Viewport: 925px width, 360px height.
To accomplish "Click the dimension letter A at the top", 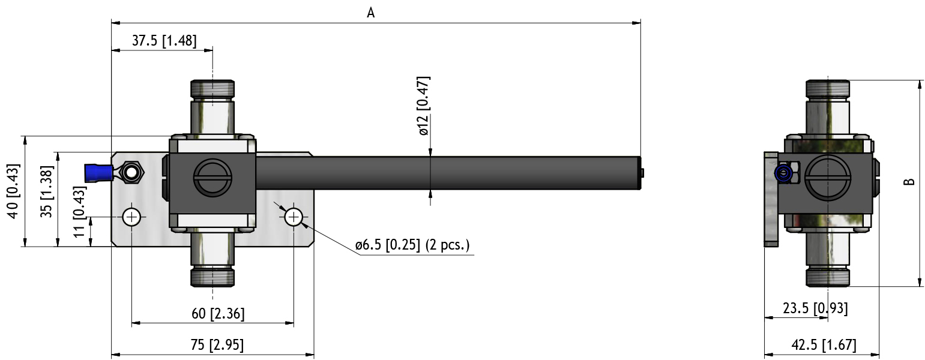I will pyautogui.click(x=371, y=13).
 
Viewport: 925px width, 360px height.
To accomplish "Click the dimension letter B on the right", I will pyautogui.click(x=910, y=181).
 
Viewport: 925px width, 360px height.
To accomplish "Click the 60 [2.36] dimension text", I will pyautogui.click(x=217, y=313).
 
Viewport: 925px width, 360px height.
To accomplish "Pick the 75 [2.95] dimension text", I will pyautogui.click(x=217, y=345).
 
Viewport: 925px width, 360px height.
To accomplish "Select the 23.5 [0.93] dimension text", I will pyautogui.click(x=815, y=308).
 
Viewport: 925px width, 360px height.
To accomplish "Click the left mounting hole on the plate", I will pyautogui.click(x=131, y=217).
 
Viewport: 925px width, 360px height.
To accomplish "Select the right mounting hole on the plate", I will pyautogui.click(x=294, y=217).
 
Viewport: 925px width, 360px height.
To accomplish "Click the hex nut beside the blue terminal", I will pyautogui.click(x=131, y=173).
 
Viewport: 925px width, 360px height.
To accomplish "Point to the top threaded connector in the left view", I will pyautogui.click(x=212, y=89).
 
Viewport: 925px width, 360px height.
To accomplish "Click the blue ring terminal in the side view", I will pyautogui.click(x=783, y=174).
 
